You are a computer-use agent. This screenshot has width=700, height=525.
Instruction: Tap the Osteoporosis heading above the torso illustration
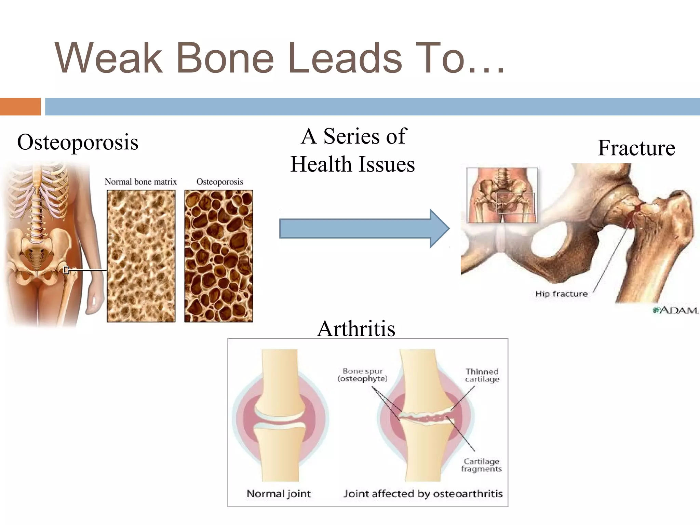point(78,142)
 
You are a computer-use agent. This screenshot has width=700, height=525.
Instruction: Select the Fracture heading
point(636,148)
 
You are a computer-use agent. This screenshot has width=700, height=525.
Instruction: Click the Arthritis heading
point(356,329)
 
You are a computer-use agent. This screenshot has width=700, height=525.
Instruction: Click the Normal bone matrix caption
point(140,182)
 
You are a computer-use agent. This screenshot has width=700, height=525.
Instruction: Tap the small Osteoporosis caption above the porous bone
point(219,182)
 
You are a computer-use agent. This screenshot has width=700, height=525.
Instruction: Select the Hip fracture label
point(561,294)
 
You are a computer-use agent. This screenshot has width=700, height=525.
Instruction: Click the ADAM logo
point(675,310)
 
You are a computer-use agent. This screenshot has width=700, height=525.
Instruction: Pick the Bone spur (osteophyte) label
point(362,375)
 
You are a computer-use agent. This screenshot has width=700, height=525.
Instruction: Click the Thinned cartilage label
point(482,375)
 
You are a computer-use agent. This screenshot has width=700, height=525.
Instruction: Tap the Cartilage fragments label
point(481,465)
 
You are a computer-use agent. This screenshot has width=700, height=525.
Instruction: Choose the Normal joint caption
point(279,494)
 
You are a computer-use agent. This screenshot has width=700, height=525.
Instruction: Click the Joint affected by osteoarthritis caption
point(423,494)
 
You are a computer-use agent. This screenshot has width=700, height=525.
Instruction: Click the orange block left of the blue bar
point(20,107)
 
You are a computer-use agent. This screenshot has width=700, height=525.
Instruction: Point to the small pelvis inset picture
point(502,195)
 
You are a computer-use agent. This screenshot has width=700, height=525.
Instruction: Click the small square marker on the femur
point(66,270)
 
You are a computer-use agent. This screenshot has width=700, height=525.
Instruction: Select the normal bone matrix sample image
point(141,256)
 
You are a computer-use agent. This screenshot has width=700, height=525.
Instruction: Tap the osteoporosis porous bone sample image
point(218,256)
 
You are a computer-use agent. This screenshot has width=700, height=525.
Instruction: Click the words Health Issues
point(352,164)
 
